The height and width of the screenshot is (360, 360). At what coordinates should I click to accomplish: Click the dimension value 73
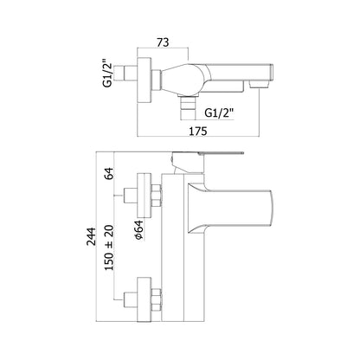click(x=163, y=42)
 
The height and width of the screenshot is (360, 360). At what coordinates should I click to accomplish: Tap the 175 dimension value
click(x=198, y=131)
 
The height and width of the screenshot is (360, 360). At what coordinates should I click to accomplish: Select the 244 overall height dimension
click(x=92, y=236)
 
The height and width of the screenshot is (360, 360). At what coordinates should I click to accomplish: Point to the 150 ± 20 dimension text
click(x=109, y=247)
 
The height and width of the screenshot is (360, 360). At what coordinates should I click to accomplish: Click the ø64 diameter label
click(x=138, y=230)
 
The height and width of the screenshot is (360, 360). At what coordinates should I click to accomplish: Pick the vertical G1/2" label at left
click(x=107, y=73)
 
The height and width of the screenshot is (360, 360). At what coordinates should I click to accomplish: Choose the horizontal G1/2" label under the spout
click(x=219, y=113)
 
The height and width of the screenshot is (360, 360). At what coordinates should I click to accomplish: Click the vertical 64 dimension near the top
click(x=109, y=173)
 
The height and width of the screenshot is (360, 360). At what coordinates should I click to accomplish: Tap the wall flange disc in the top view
click(x=145, y=80)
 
